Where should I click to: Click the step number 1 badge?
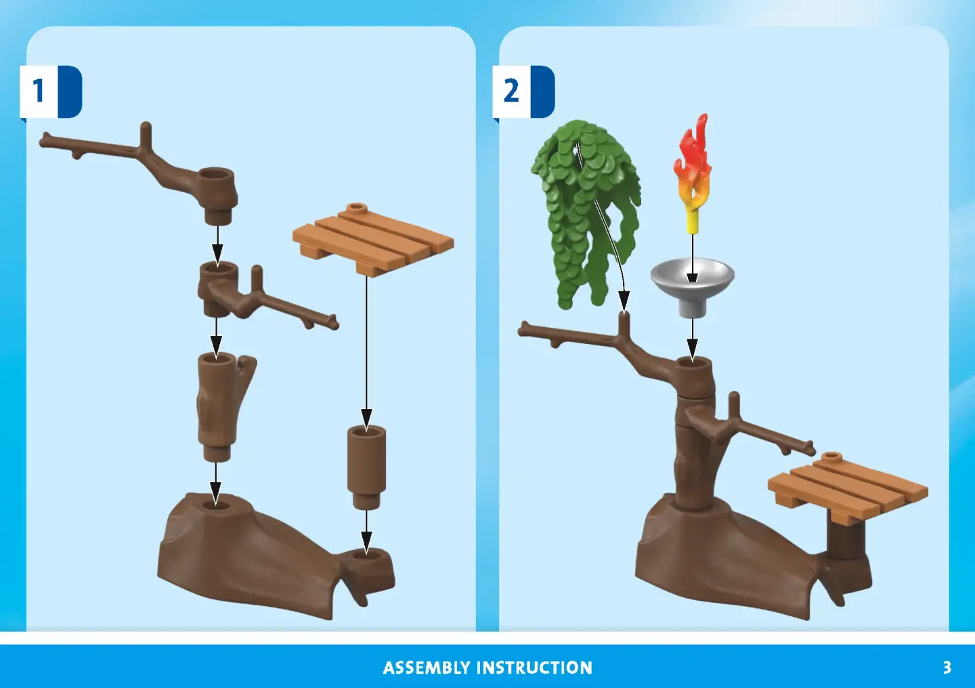pyautogui.click(x=51, y=91)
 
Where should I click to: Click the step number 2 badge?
pyautogui.click(x=523, y=91)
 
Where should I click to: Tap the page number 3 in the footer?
pyautogui.click(x=947, y=668)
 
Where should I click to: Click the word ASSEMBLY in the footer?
pyautogui.click(x=426, y=668)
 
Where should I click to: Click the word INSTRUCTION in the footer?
pyautogui.click(x=534, y=668)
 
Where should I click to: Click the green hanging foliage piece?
pyautogui.click(x=586, y=213)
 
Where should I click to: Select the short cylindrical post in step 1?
pyautogui.click(x=366, y=467)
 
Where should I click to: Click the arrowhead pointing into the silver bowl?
pyautogui.click(x=693, y=277)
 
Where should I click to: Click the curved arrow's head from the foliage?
pyautogui.click(x=624, y=301)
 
